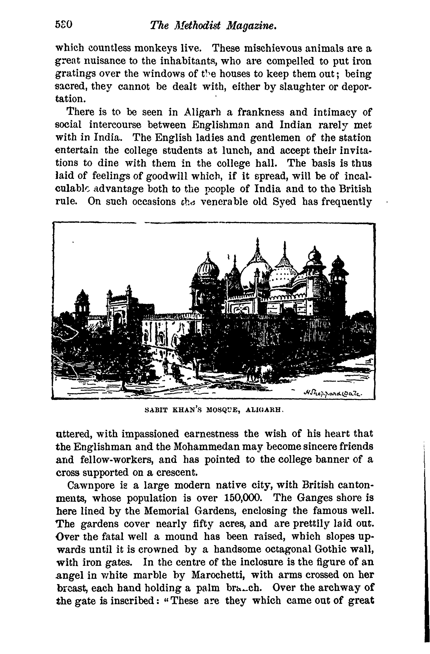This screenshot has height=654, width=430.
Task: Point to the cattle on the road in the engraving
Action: pyautogui.click(x=259, y=372)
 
